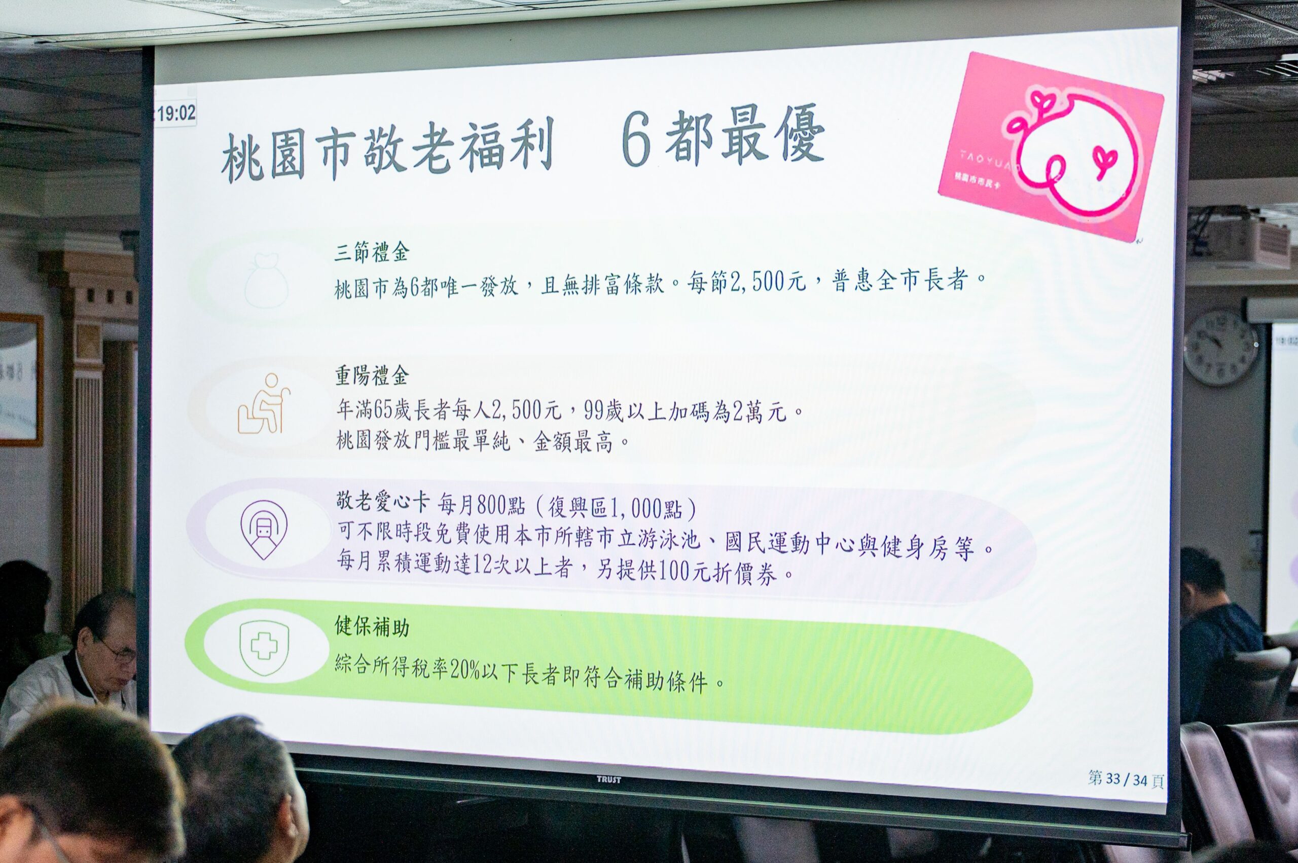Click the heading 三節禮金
click(372, 254)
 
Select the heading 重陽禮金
click(372, 377)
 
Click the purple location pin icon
click(264, 529)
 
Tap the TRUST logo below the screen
click(608, 779)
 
